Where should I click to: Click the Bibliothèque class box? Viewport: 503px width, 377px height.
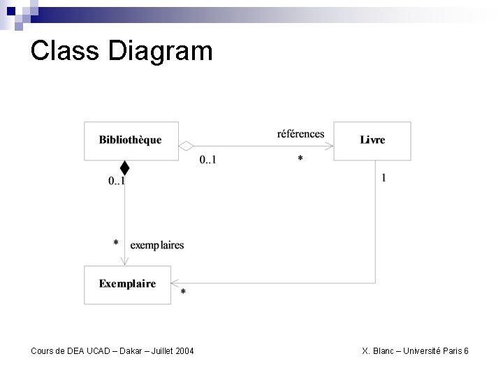pyautogui.click(x=131, y=140)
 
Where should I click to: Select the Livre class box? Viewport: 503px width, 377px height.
pyautogui.click(x=372, y=140)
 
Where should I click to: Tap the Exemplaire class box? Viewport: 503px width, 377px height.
pyautogui.click(x=127, y=284)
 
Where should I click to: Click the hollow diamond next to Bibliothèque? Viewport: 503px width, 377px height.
pyautogui.click(x=186, y=145)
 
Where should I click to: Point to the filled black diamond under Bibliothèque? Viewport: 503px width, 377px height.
pyautogui.click(x=124, y=168)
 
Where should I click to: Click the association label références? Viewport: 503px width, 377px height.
pyautogui.click(x=300, y=133)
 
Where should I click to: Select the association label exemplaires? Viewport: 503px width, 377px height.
pyautogui.click(x=157, y=245)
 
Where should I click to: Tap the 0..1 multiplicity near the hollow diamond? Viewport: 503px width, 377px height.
pyautogui.click(x=207, y=160)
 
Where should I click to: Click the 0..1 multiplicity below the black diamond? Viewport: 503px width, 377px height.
pyautogui.click(x=117, y=181)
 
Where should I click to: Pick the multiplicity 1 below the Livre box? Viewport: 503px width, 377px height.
pyautogui.click(x=384, y=178)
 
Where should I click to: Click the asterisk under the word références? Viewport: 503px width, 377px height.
pyautogui.click(x=300, y=159)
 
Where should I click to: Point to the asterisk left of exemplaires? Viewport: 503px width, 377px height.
pyautogui.click(x=116, y=243)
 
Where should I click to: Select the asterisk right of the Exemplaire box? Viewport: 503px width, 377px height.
pyautogui.click(x=184, y=292)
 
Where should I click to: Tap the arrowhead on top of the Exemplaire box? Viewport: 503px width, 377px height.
pyautogui.click(x=124, y=261)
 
